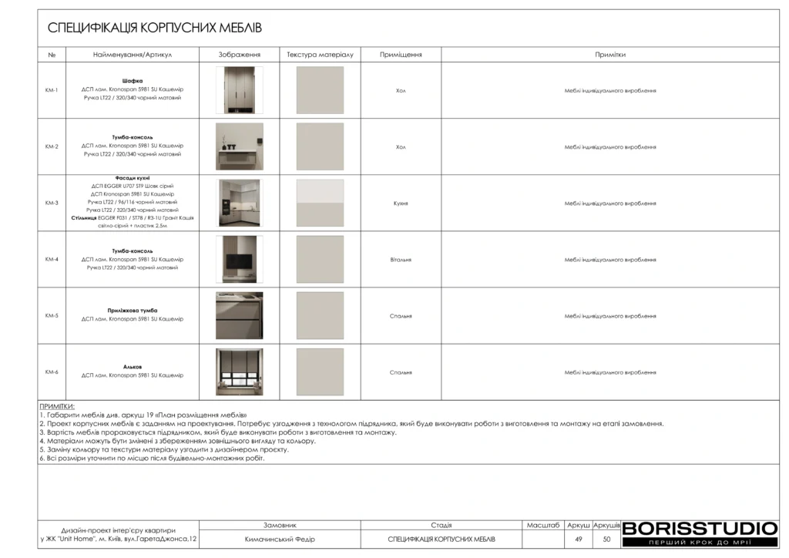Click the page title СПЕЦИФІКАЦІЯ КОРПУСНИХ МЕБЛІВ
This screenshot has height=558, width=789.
pyautogui.click(x=155, y=29)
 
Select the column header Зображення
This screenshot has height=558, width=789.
pyautogui.click(x=239, y=55)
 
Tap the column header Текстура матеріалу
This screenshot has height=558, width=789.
pyautogui.click(x=320, y=55)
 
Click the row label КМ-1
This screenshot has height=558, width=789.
pyautogui.click(x=52, y=90)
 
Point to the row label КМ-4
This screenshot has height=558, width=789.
pyautogui.click(x=52, y=259)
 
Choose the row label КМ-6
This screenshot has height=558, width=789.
pyautogui.click(x=52, y=372)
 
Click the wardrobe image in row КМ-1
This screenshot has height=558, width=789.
pyautogui.click(x=239, y=90)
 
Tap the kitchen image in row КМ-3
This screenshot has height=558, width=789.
pyautogui.click(x=239, y=203)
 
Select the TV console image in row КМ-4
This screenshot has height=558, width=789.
pyautogui.click(x=239, y=259)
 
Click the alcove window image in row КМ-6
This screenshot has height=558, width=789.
pyautogui.click(x=239, y=372)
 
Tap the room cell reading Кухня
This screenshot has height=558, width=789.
pyautogui.click(x=401, y=203)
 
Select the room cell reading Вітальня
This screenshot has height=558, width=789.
pyautogui.click(x=401, y=260)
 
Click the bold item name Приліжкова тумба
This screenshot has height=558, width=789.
pyautogui.click(x=133, y=310)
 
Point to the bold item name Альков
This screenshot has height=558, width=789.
pyautogui.click(x=133, y=366)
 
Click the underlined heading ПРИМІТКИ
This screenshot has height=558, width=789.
pyautogui.click(x=57, y=406)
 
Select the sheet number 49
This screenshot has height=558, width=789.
pyautogui.click(x=578, y=540)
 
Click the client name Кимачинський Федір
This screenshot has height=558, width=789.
pyautogui.click(x=280, y=540)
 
